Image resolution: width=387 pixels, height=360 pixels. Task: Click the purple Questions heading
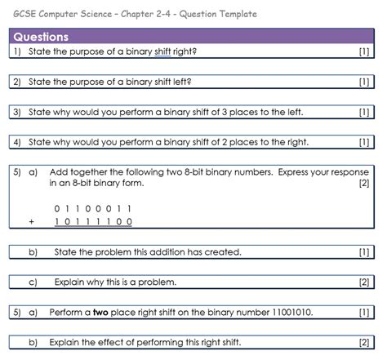tap(41, 37)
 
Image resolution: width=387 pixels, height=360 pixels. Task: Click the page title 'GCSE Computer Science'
tap(65, 14)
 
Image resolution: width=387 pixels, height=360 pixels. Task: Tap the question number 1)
tap(17, 51)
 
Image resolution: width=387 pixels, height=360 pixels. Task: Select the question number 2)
tap(17, 82)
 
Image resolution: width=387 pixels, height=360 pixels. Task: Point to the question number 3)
tap(17, 112)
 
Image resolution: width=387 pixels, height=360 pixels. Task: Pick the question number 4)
tap(17, 142)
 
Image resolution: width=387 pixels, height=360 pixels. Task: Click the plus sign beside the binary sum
tap(31, 221)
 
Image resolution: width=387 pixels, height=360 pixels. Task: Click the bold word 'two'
tap(100, 312)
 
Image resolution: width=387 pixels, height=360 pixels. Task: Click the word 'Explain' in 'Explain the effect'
tap(65, 341)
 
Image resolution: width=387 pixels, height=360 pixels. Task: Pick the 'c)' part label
tap(33, 282)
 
